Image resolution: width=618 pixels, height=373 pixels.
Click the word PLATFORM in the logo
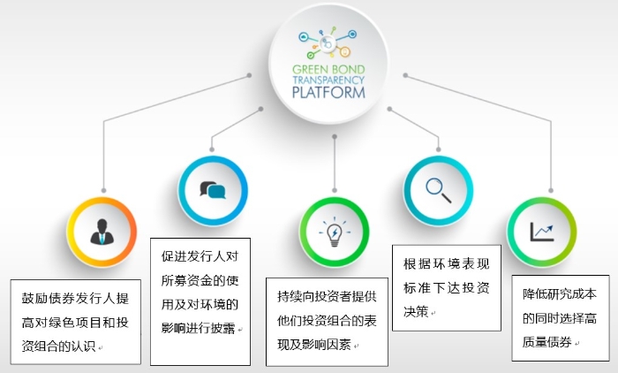point(328,93)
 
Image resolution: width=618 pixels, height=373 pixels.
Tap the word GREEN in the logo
point(309,70)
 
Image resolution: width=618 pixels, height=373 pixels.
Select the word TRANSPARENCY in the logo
point(328,80)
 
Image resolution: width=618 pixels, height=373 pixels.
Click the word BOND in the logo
point(348,70)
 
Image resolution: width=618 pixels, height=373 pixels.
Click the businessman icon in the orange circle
point(102,232)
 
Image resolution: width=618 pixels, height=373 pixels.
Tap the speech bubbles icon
point(213,190)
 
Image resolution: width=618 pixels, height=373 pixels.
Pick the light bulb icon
point(335,232)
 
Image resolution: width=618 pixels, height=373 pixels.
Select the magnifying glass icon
point(438,190)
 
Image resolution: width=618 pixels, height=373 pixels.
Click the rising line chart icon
point(542,232)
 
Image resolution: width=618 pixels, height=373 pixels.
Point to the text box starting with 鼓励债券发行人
point(76,322)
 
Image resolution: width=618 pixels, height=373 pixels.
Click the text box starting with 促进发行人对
point(200,301)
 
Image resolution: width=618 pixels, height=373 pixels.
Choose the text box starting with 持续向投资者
point(327,322)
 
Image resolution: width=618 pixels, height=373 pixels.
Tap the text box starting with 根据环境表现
point(447,288)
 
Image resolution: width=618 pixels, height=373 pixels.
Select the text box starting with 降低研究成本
point(561,318)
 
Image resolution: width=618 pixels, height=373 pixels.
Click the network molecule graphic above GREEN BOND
point(328,42)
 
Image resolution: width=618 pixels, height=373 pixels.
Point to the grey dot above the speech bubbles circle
point(212,149)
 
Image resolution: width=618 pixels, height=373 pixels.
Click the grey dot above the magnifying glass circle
point(438,149)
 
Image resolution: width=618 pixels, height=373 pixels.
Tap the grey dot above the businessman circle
point(103,190)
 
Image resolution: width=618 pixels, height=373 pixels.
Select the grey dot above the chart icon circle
point(551,190)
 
